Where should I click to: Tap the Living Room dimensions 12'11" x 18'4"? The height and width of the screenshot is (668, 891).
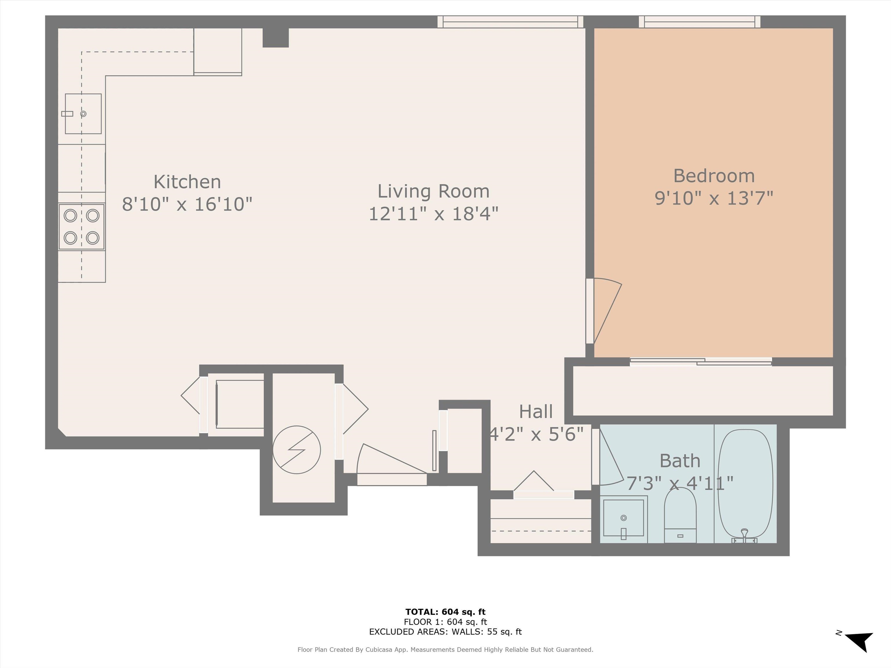click(x=433, y=213)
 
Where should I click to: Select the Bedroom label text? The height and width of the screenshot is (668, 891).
click(x=714, y=176)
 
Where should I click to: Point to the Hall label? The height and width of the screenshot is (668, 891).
click(x=536, y=411)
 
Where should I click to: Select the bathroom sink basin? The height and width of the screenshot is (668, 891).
click(x=623, y=518)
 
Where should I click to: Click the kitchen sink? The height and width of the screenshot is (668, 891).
click(x=83, y=114)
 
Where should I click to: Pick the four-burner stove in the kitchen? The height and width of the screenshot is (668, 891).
click(x=82, y=227)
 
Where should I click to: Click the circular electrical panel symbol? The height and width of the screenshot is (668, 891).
click(x=296, y=449)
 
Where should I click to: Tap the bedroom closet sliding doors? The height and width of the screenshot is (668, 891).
click(x=701, y=362)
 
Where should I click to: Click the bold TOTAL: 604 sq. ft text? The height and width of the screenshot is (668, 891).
click(x=445, y=612)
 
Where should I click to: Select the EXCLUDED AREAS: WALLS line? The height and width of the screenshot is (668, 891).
click(x=445, y=632)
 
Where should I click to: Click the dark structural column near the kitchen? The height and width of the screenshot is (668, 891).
click(x=276, y=37)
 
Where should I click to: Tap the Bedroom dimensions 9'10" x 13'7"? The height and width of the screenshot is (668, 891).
click(x=714, y=198)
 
